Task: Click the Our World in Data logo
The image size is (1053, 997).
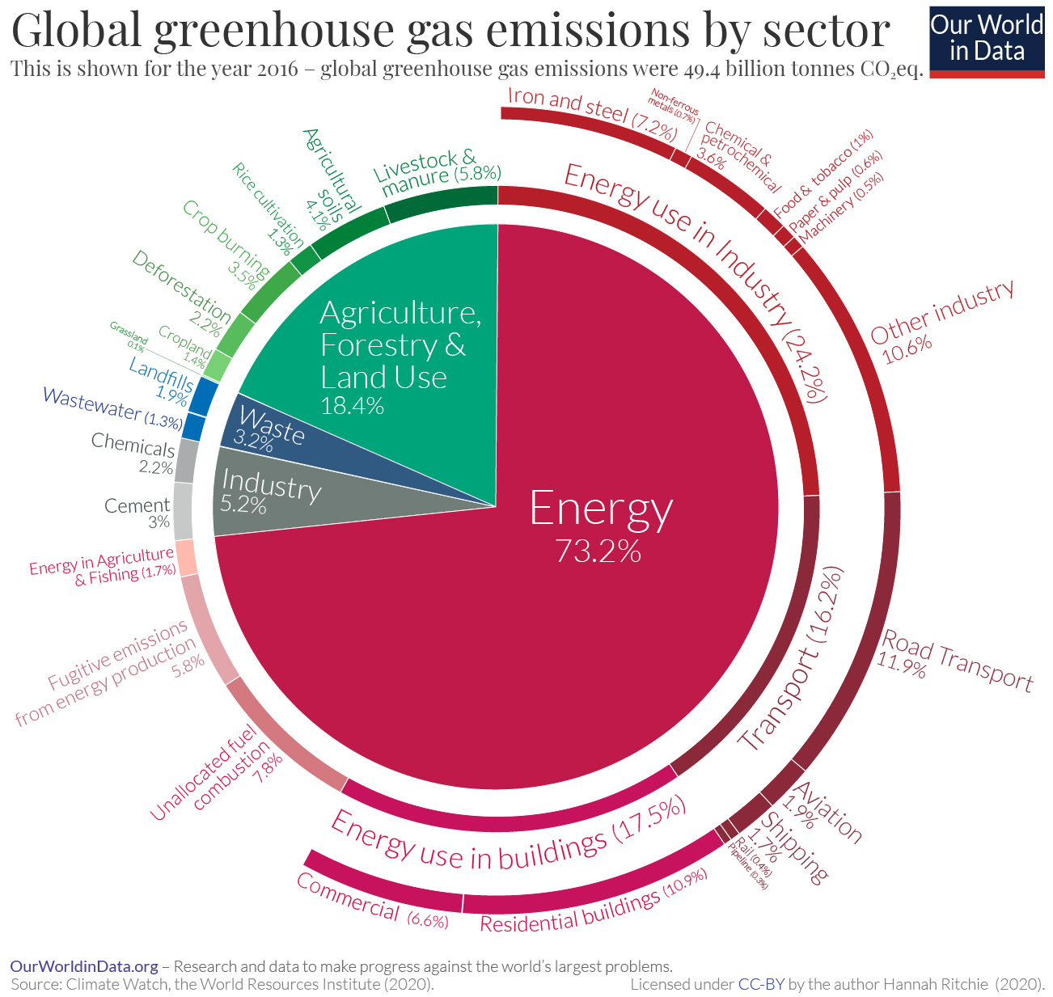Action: [x=987, y=39]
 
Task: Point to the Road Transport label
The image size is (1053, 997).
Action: [x=954, y=661]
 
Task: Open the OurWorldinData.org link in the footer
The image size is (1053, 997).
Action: [x=83, y=966]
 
